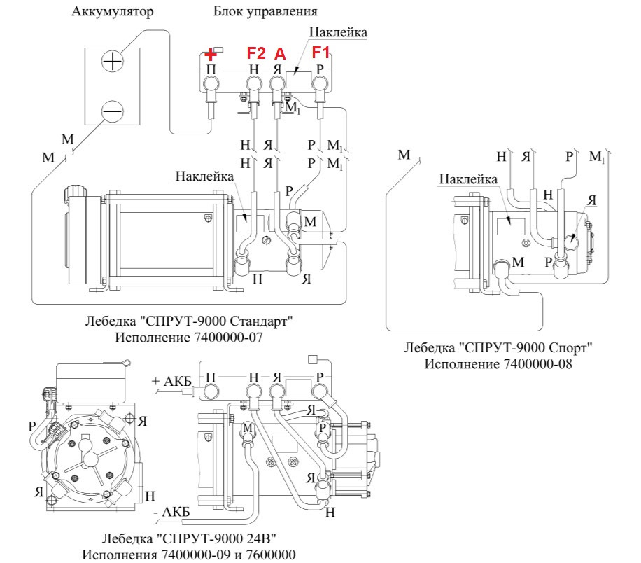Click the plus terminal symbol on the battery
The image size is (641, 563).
click(112, 62)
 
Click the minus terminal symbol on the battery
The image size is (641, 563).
click(112, 110)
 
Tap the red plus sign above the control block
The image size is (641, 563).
click(211, 54)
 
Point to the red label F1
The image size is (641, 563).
click(320, 52)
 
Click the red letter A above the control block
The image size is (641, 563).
click(280, 54)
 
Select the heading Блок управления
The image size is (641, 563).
click(265, 12)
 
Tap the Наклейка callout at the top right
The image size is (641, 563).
click(338, 32)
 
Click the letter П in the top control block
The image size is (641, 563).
click(211, 69)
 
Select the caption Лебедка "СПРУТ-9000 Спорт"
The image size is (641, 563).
click(498, 347)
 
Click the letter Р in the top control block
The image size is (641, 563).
click(320, 69)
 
